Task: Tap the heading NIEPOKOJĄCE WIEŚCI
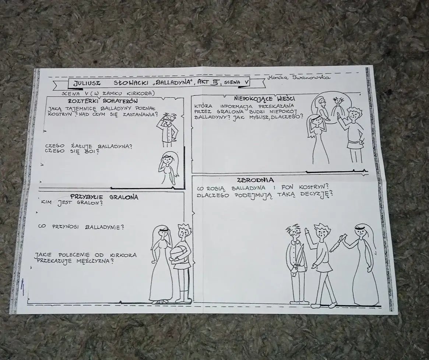point(264,98)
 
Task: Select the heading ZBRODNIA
point(256,180)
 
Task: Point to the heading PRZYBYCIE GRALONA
point(104,197)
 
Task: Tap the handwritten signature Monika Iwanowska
point(299,77)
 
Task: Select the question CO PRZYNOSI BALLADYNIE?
point(81,227)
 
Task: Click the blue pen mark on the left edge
point(23,287)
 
